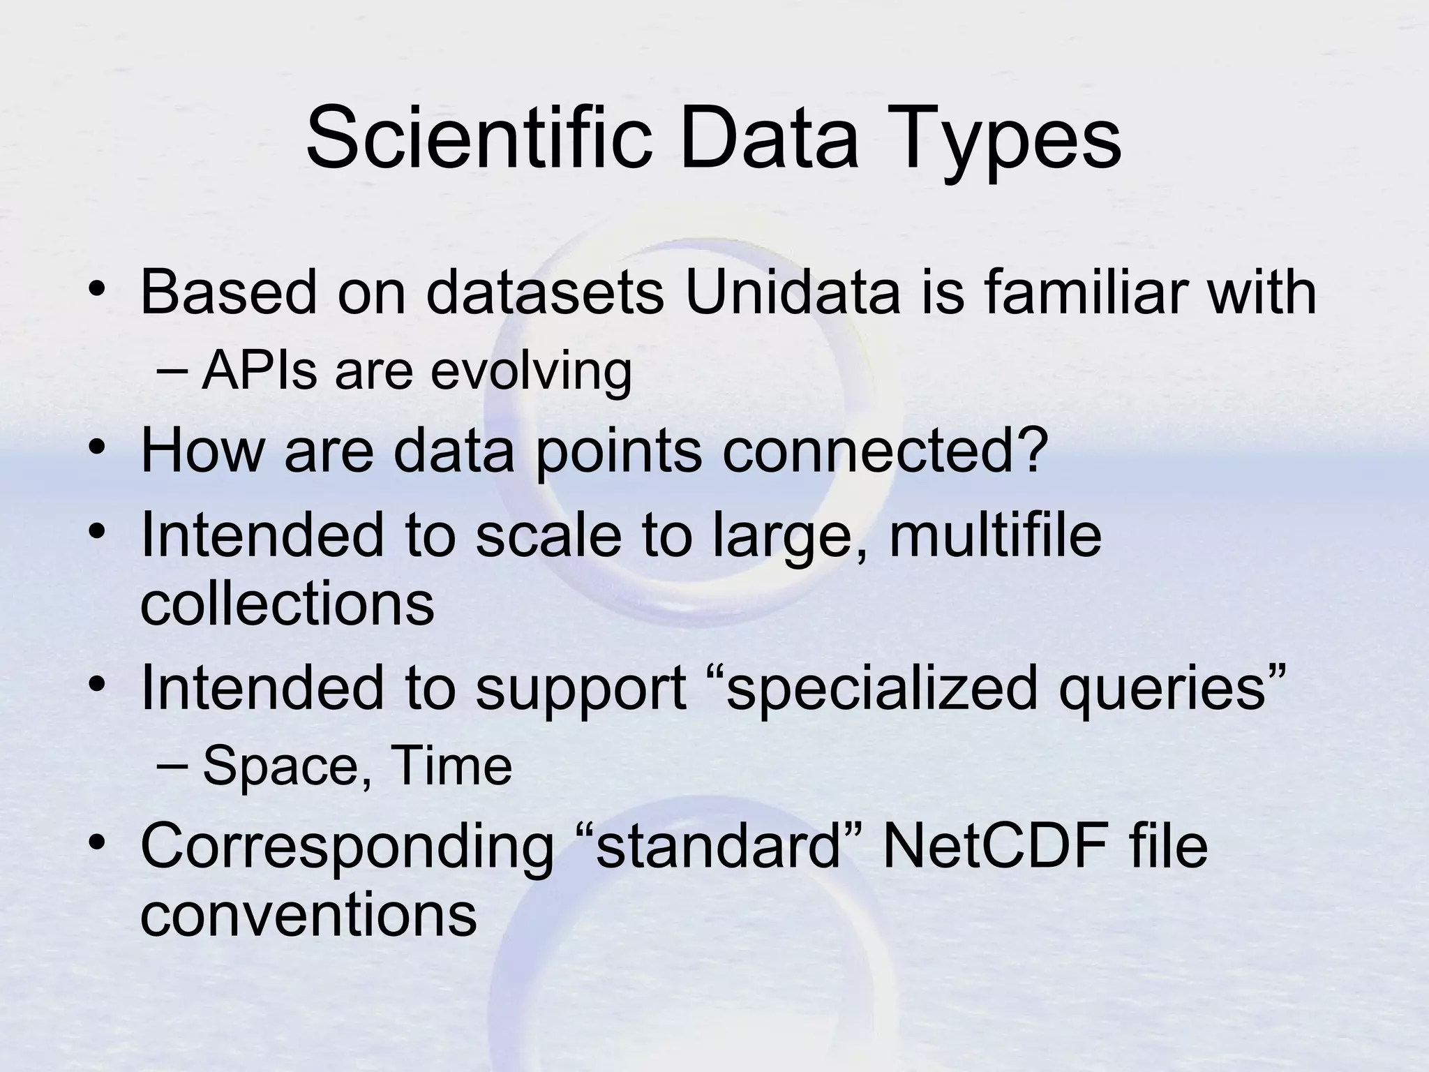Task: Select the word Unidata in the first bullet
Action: coord(793,292)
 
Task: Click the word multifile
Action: coord(994,536)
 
